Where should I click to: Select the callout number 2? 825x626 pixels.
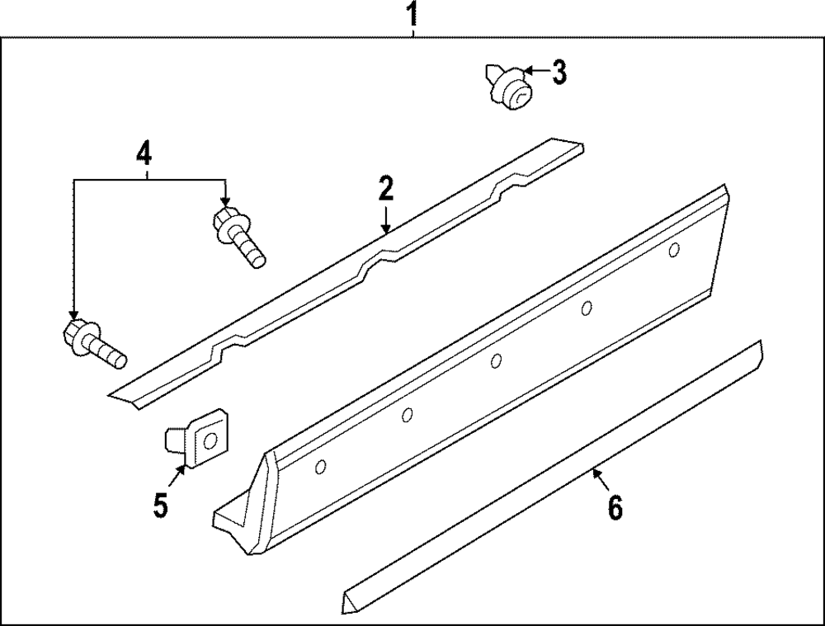pos(385,189)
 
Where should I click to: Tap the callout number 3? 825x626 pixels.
pos(559,73)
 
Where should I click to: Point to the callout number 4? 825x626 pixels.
pos(144,153)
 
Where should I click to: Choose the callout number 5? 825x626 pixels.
pos(160,503)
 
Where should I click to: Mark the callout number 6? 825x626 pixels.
pos(615,507)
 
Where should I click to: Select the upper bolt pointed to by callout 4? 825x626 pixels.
pos(238,236)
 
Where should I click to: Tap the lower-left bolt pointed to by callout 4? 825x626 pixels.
pos(92,346)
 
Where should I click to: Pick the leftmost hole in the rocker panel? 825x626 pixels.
pos(321,468)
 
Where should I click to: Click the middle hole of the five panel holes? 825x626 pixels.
pos(496,360)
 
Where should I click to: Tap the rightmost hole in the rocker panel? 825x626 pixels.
pos(674,249)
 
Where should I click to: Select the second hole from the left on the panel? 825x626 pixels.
pos(407,415)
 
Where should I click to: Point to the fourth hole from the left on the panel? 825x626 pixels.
pos(587,308)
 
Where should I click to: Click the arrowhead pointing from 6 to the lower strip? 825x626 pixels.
pos(595,473)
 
